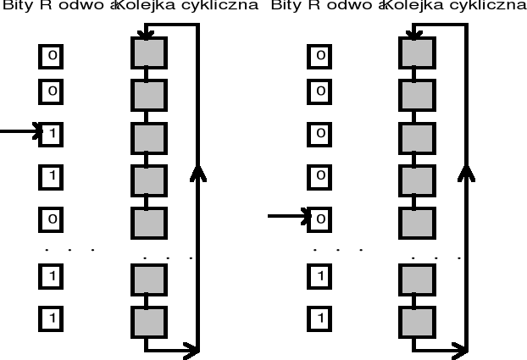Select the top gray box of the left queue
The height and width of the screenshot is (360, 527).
point(147,53)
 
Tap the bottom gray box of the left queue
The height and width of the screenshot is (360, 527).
point(147,321)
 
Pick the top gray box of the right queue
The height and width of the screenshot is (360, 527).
point(416,53)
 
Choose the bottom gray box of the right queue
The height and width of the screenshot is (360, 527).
point(416,321)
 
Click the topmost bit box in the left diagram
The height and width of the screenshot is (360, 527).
point(52,56)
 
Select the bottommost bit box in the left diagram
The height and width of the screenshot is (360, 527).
point(52,318)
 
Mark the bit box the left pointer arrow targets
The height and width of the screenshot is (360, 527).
point(52,133)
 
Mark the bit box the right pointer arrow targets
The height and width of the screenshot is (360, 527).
point(320,219)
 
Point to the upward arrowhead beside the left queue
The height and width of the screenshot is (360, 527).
point(197,173)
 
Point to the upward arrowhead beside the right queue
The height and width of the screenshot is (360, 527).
point(466,173)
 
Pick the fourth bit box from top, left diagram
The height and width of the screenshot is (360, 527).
point(52,176)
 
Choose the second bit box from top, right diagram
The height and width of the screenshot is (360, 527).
point(320,90)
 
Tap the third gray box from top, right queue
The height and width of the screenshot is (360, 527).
point(416,138)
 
